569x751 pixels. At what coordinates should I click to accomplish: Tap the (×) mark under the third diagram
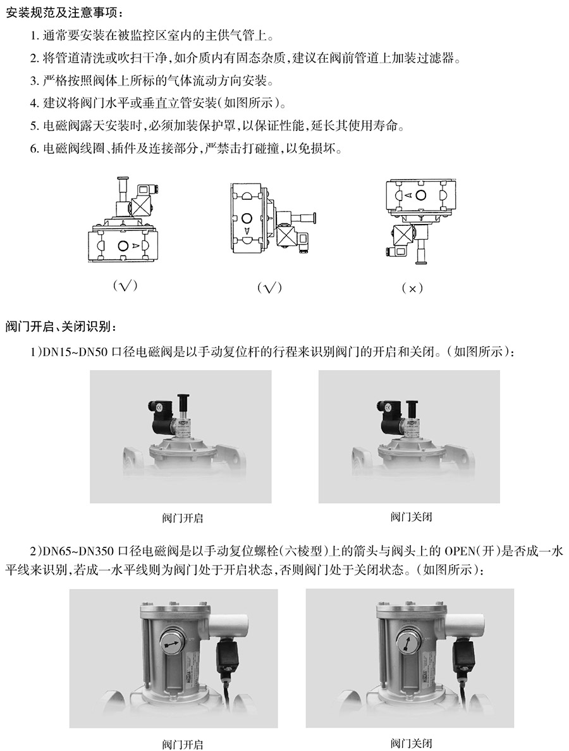coord(412,289)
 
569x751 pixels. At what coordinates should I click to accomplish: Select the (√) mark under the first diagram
coord(125,285)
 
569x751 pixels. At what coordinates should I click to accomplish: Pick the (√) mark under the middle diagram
coord(269,287)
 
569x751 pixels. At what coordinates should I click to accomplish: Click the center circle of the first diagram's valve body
coord(123,245)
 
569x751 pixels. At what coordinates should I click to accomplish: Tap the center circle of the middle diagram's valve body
coord(247,218)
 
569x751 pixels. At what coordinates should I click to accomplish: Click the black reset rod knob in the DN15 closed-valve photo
coord(410,409)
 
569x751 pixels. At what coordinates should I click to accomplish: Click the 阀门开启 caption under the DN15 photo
coord(182,518)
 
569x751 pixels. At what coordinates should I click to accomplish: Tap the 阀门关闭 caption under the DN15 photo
coord(411,517)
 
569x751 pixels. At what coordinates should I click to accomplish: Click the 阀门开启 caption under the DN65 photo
coord(182,744)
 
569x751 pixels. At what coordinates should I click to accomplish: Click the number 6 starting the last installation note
coord(34,149)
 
